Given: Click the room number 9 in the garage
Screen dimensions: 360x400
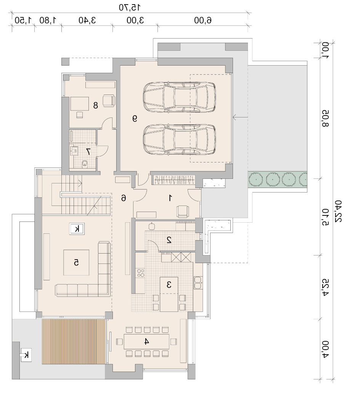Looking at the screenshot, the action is click(135, 118).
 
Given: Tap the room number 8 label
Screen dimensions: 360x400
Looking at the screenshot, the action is click(95, 105).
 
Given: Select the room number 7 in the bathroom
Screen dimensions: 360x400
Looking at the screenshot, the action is click(88, 151).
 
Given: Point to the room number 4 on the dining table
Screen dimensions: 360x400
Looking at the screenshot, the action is click(146, 341).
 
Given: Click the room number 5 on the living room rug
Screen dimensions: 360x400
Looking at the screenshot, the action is click(76, 262).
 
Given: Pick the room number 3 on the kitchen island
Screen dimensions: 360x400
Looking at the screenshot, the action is click(169, 285).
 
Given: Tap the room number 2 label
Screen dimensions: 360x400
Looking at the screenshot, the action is click(169, 240).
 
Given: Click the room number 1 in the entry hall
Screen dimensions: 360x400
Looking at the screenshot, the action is click(170, 198).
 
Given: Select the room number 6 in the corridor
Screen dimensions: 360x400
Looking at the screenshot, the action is click(124, 198).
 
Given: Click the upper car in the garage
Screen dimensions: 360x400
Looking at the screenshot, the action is click(179, 97).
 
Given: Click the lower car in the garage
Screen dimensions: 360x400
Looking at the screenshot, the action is click(179, 140).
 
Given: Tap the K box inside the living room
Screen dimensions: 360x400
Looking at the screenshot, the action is click(77, 228).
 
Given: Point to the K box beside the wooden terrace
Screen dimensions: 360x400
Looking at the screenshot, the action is click(26, 355).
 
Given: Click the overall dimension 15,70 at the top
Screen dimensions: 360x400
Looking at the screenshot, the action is click(130, 7).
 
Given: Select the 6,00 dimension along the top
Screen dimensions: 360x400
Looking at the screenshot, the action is click(203, 20).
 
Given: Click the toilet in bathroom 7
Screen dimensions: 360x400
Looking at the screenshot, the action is click(84, 164).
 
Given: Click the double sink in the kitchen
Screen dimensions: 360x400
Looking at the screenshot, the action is click(198, 283).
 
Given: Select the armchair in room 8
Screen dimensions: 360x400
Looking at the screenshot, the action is click(109, 100).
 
